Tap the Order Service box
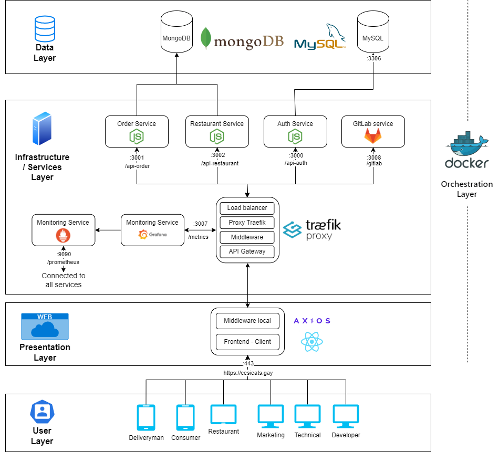[x=137, y=131]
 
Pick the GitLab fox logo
[x=373, y=136]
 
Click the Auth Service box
[x=295, y=131]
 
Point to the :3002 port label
[x=217, y=156]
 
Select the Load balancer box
[x=247, y=208]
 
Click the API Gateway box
[x=247, y=251]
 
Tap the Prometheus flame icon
[x=63, y=236]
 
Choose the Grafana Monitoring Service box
[x=152, y=229]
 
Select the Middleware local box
[x=247, y=321]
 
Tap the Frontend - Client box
[x=247, y=342]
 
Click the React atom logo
[x=312, y=342]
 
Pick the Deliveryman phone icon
[x=146, y=418]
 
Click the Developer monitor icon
[x=346, y=416]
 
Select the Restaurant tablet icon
[x=223, y=415]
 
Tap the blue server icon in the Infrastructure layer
[x=42, y=129]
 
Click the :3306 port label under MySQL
[x=373, y=58]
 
